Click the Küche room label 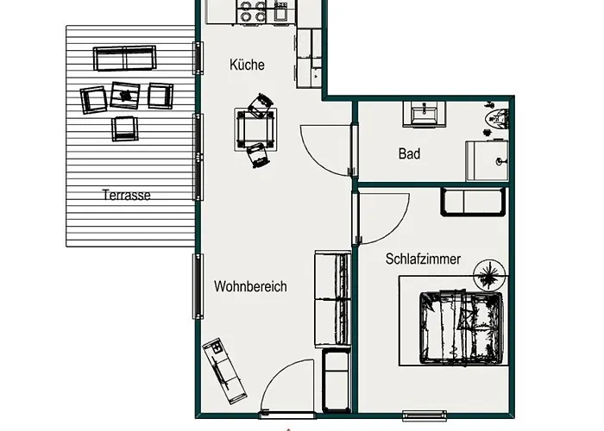point(247,65)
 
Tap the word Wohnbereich point(250,286)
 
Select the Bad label point(409,154)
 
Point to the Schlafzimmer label point(423,259)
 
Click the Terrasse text point(126,195)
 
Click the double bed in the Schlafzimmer point(461,328)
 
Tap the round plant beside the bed point(489,275)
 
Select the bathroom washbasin point(425,115)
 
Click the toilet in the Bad point(498,118)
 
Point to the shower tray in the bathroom point(487,161)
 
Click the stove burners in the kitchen point(253,11)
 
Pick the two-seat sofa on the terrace point(125,58)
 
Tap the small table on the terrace point(125,95)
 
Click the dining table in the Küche point(255,129)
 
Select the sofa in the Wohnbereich point(333,299)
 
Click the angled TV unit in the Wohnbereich point(224,371)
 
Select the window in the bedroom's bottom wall point(425,415)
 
